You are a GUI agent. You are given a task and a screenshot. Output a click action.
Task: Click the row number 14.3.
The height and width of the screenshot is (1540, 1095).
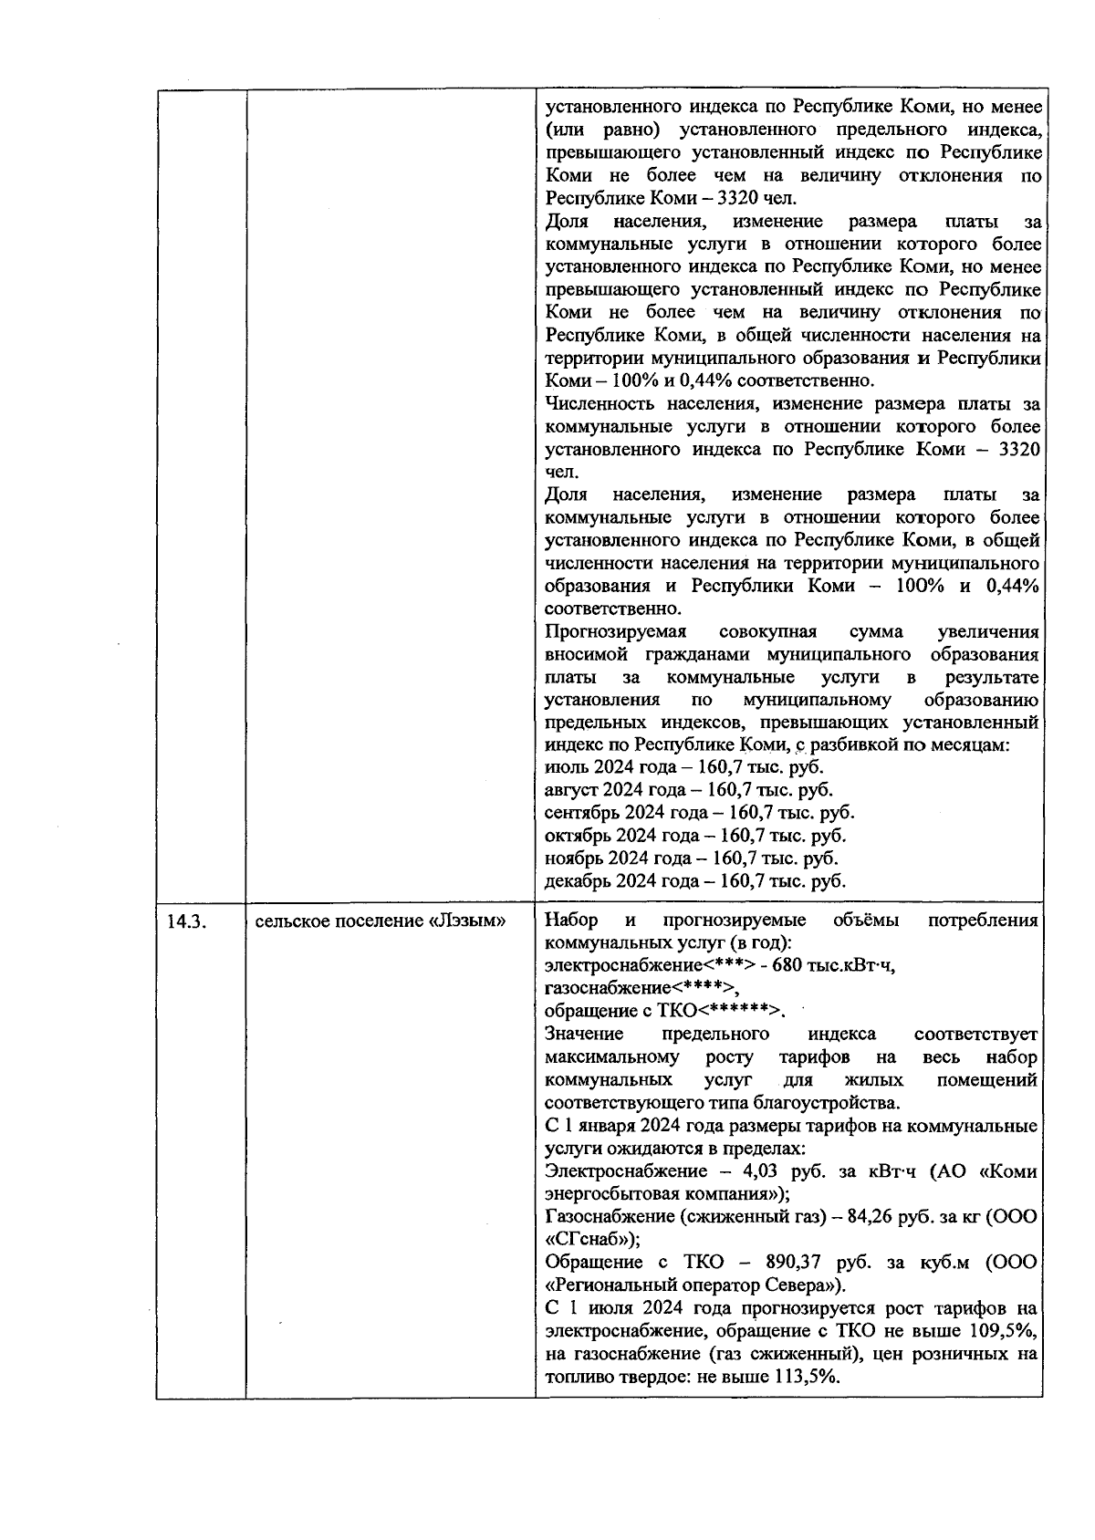click(x=186, y=921)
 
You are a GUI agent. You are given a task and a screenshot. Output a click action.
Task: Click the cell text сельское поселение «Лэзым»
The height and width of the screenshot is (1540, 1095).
click(x=380, y=921)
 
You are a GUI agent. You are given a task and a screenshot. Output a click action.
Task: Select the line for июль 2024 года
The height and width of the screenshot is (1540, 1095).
click(x=683, y=767)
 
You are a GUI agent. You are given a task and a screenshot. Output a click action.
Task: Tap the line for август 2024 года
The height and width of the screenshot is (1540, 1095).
click(x=688, y=790)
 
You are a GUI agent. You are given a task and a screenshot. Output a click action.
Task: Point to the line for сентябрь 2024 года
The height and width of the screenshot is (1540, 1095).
click(x=699, y=813)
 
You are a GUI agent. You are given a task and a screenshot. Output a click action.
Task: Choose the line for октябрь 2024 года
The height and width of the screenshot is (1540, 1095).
click(x=694, y=836)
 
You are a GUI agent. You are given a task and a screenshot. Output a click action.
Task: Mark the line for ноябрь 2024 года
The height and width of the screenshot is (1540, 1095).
click(x=691, y=858)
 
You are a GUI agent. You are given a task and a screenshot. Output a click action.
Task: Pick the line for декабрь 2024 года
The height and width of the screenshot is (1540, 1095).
click(x=694, y=881)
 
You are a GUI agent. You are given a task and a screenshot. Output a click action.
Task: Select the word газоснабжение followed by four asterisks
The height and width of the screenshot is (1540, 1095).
click(x=641, y=988)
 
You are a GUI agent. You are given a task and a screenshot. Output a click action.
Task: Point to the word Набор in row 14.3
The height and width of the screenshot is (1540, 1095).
click(x=569, y=920)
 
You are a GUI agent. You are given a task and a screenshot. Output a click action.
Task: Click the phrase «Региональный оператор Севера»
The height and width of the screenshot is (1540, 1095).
click(x=693, y=1285)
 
